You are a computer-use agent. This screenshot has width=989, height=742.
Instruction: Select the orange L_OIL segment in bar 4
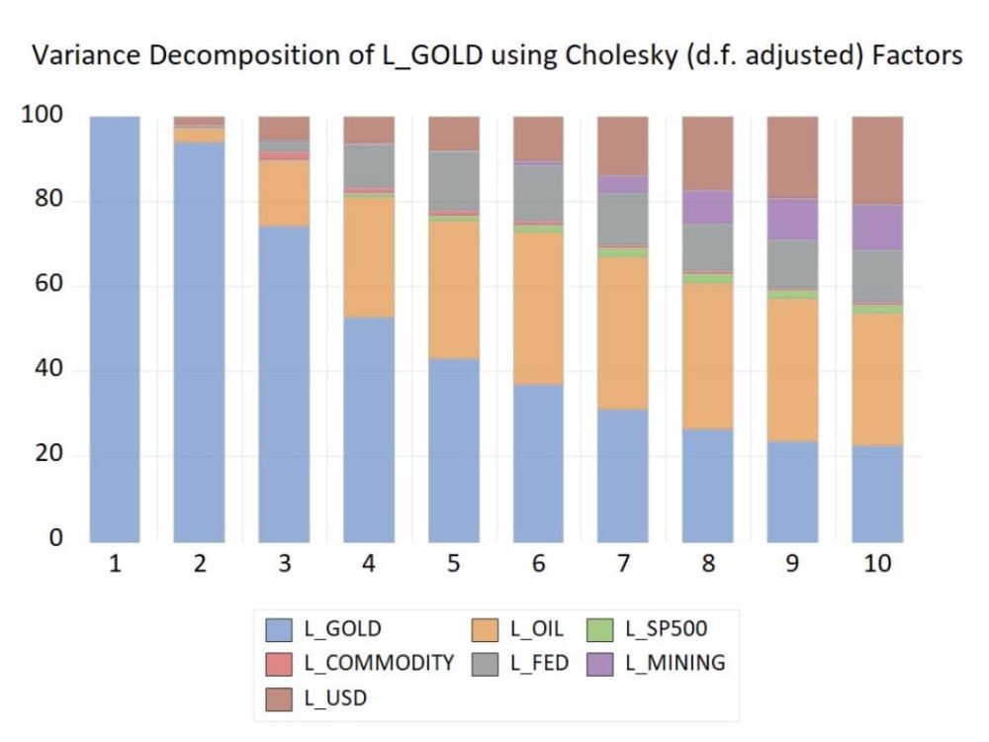point(369,257)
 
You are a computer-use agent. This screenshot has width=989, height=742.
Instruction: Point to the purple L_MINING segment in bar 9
point(793,219)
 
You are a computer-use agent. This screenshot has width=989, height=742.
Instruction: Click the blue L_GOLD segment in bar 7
point(623,475)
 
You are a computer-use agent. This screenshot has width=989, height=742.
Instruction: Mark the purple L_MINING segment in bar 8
point(708,207)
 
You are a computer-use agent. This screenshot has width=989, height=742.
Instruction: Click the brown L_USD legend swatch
point(280,697)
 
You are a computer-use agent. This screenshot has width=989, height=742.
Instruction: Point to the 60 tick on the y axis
point(49,285)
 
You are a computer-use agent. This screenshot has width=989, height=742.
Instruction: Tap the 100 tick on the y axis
point(42,115)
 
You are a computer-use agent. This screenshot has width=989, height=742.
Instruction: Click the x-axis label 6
point(539,564)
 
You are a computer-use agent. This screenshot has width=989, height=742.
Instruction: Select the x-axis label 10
point(878,564)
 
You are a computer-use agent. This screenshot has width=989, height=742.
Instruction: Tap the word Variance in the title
point(82,55)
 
